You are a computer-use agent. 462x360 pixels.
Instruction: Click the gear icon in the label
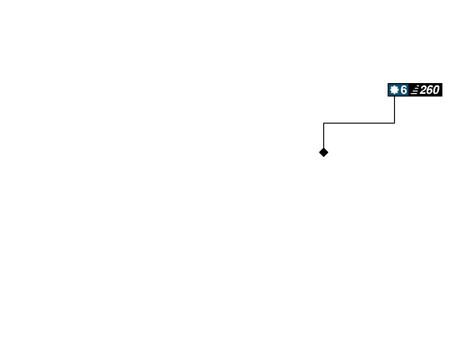394,90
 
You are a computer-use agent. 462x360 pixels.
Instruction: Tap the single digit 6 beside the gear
403,90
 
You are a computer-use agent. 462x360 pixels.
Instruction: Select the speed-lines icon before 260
414,90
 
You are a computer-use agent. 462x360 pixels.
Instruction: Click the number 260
429,90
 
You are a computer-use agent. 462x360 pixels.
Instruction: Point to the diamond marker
323,152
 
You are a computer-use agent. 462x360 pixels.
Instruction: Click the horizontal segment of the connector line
359,123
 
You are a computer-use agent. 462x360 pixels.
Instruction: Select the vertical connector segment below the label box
394,110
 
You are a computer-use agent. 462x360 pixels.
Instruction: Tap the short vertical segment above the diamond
323,135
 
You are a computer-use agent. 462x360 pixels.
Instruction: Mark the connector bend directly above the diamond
323,123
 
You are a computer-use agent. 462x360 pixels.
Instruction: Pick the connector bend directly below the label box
394,123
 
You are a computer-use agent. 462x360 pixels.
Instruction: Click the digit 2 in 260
423,90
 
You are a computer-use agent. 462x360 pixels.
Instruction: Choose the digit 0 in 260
435,90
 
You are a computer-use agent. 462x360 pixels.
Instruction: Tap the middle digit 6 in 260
429,90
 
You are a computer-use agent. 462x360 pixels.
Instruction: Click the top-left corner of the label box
387,82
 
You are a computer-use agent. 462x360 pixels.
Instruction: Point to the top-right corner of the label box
444,82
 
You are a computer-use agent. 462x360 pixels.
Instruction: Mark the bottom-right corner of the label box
444,98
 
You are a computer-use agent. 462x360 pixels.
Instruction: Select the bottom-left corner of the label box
387,98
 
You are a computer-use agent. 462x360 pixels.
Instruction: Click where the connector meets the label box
394,98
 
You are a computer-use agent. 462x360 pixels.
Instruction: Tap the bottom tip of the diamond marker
323,158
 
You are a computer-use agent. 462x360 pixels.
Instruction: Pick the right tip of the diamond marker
330,152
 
